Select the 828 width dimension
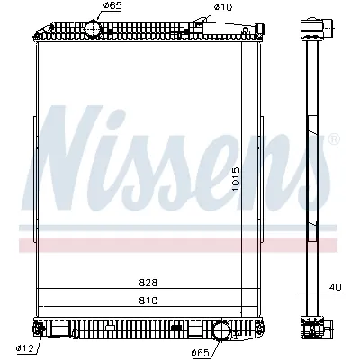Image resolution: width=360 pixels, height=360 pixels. (x=148, y=282)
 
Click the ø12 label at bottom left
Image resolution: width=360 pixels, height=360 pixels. (x=23, y=348)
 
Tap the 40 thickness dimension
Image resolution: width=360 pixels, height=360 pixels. (x=334, y=289)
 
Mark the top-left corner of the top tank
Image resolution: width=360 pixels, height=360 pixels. (x=36, y=35)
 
